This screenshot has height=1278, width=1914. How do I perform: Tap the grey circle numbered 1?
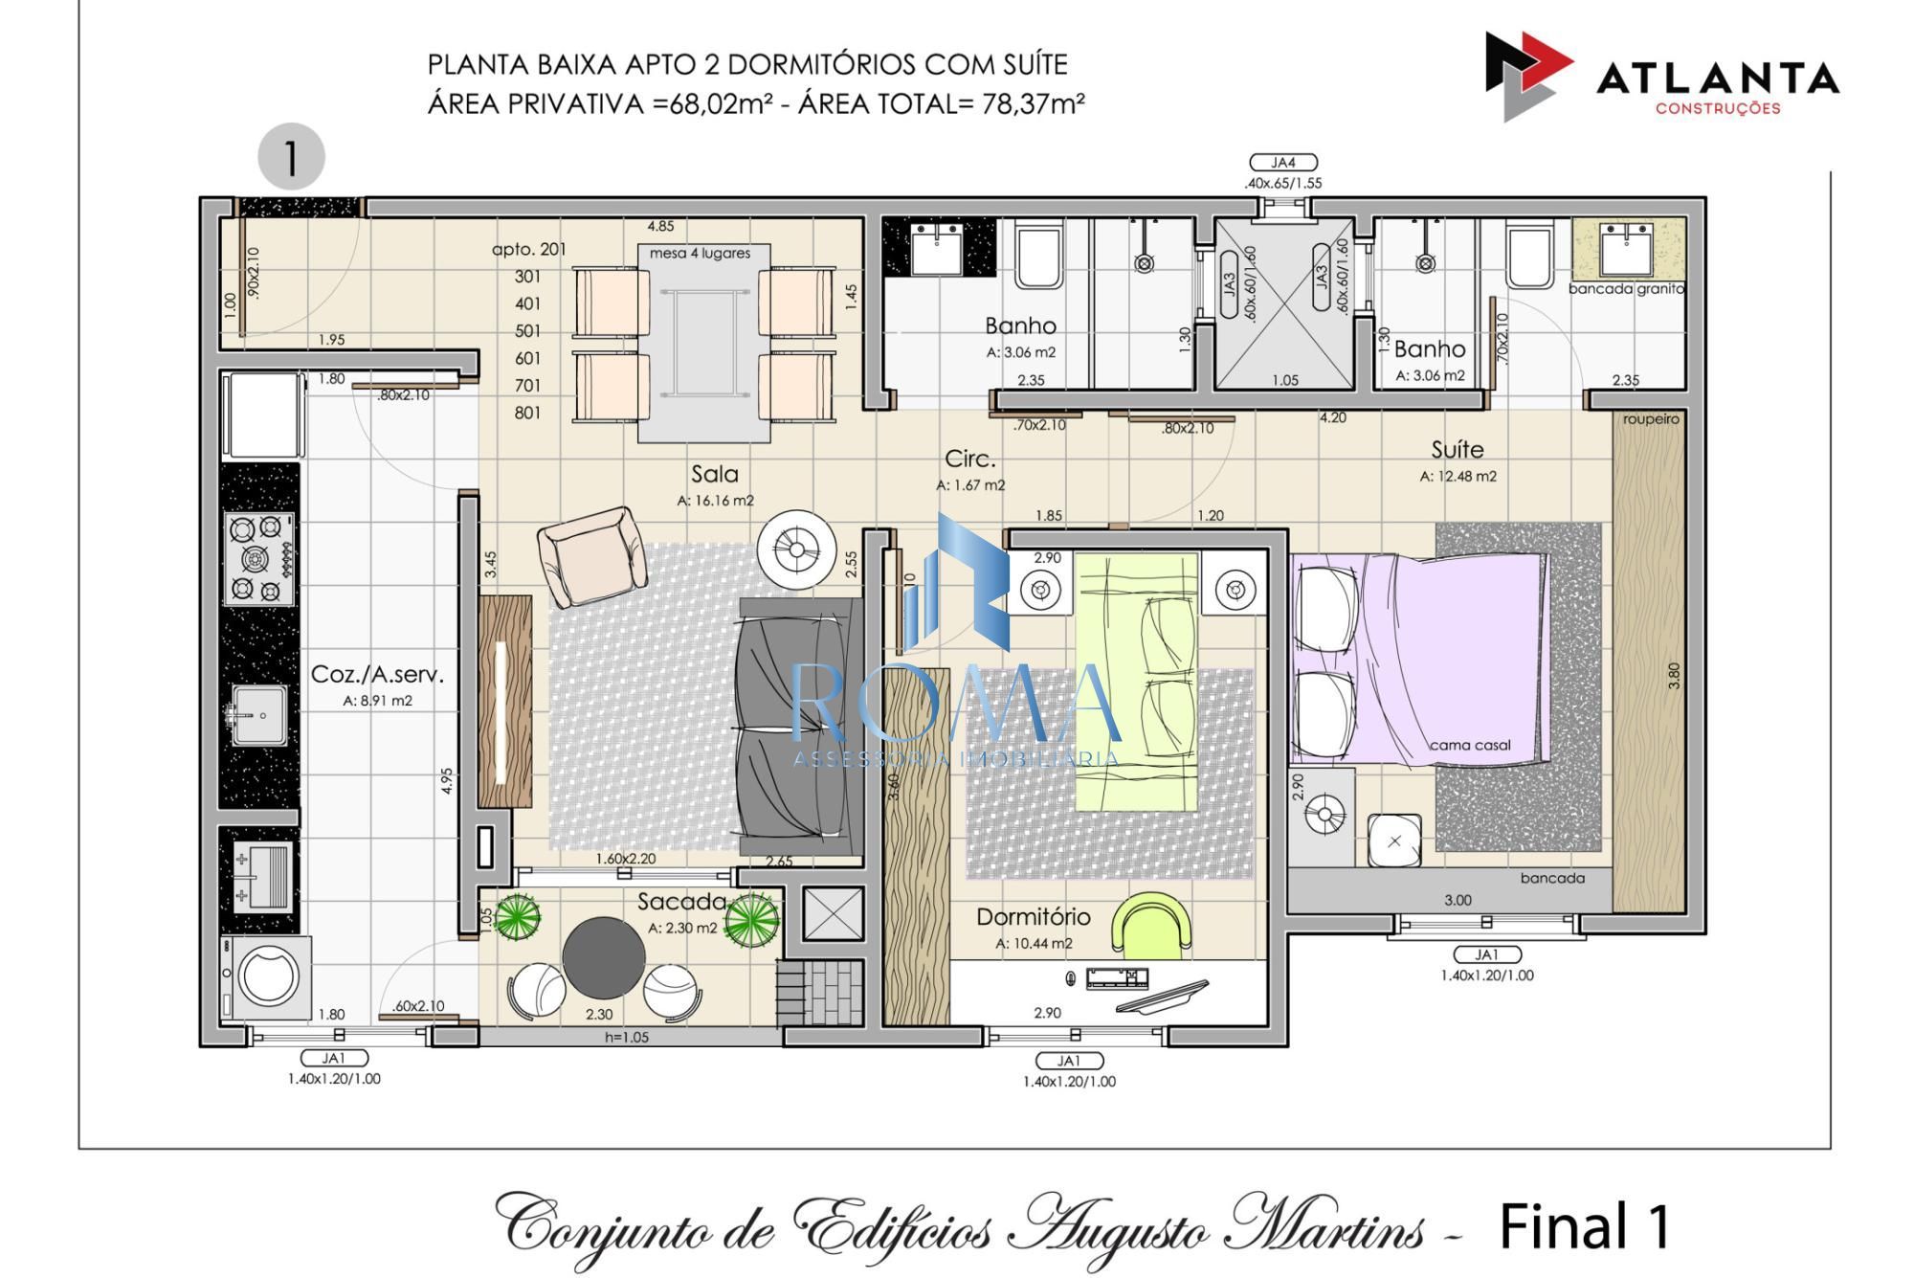click(291, 156)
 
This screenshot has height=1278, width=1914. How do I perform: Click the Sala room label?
click(714, 474)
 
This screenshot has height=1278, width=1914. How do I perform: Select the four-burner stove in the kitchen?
click(259, 559)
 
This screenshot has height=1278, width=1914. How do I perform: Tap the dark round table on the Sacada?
click(603, 957)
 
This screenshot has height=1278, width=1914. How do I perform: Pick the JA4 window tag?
click(1282, 163)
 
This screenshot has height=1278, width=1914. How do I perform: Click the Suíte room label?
click(1457, 449)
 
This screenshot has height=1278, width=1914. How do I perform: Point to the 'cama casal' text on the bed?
click(1469, 745)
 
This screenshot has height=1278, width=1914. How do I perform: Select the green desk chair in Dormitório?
click(1156, 924)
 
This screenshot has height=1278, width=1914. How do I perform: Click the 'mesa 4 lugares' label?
click(700, 254)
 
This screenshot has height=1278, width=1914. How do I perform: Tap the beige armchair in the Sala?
click(590, 556)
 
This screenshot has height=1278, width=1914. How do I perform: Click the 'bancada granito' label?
click(1626, 288)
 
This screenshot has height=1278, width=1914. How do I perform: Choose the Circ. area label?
click(969, 459)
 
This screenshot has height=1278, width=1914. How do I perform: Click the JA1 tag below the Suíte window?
click(1486, 954)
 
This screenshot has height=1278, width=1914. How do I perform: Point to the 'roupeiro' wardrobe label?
click(1650, 419)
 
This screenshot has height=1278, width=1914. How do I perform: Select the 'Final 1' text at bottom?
click(1584, 1226)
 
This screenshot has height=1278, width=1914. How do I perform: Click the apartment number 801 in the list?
click(527, 413)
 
